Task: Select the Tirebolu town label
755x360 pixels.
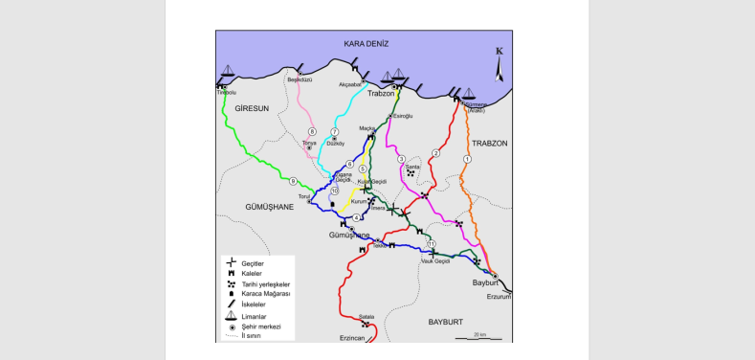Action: click(227, 93)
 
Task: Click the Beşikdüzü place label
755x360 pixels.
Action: click(300, 80)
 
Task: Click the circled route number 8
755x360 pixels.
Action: click(312, 131)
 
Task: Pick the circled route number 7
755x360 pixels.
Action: click(335, 131)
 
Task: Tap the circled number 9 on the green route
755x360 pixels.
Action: click(293, 181)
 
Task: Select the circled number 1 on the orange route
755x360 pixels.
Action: click(467, 159)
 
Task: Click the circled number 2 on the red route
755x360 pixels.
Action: click(435, 153)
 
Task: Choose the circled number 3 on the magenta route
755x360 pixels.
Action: click(401, 159)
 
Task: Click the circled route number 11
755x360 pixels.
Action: click(432, 243)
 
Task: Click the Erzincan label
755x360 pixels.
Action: click(354, 337)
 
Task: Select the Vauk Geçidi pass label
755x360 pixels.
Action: click(435, 260)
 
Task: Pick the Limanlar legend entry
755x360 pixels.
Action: click(254, 316)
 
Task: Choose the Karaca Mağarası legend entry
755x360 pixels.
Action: click(265, 294)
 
